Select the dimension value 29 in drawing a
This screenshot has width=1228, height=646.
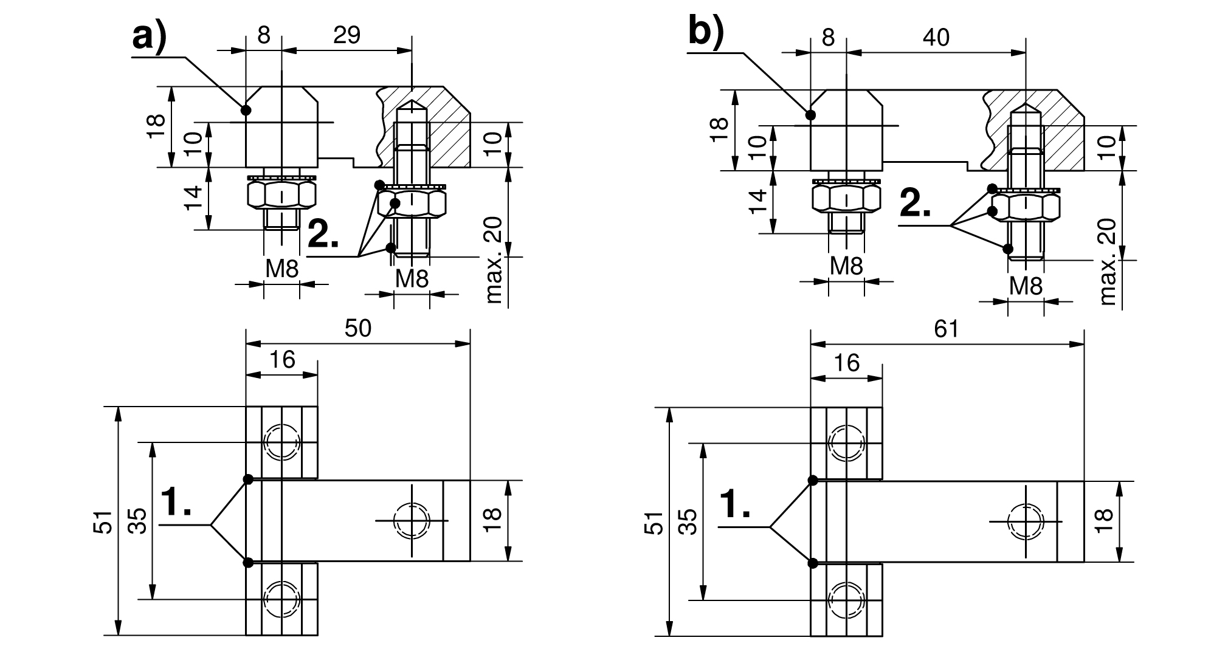point(347,35)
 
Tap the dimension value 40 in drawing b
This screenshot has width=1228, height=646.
point(936,38)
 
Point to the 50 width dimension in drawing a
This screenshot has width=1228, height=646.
point(357,329)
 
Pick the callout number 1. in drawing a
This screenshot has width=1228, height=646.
point(176,503)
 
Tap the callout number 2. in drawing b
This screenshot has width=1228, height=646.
point(915,204)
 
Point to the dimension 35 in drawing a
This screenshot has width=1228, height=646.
point(139,521)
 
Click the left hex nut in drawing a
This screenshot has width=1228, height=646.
point(282,194)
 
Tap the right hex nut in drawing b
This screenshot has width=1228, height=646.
point(1026,207)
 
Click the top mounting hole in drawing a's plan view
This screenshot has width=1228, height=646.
point(281,441)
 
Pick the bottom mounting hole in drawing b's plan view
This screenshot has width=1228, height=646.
point(846,599)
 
